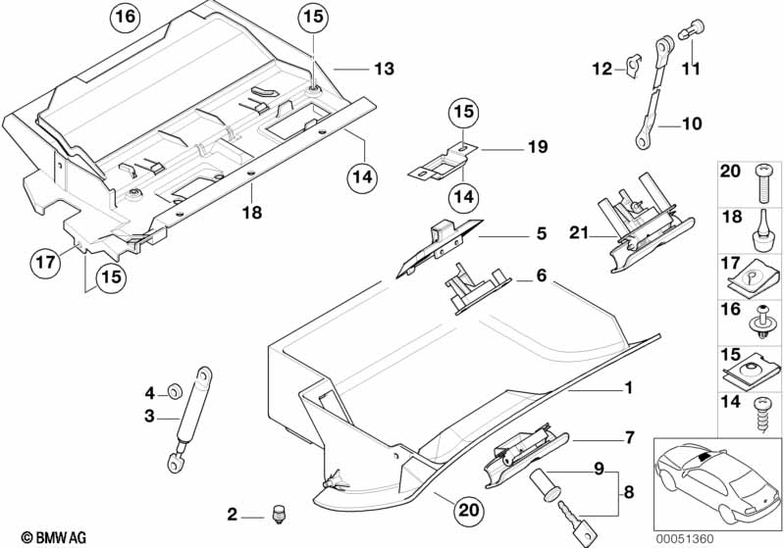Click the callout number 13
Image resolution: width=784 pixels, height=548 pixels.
point(383,70)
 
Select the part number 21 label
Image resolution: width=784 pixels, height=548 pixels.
point(579,232)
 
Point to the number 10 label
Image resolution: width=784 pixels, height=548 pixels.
point(693,125)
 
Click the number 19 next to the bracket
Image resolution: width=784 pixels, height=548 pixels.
point(536,147)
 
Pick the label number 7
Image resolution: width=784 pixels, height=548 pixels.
point(629,437)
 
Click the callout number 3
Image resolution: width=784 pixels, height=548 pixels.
point(149,417)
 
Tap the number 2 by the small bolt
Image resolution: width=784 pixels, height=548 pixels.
point(232,513)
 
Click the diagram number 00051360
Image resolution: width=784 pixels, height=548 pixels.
point(745,537)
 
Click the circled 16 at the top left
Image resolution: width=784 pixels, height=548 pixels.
point(126,17)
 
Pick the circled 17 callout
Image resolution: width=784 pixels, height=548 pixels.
point(43,263)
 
